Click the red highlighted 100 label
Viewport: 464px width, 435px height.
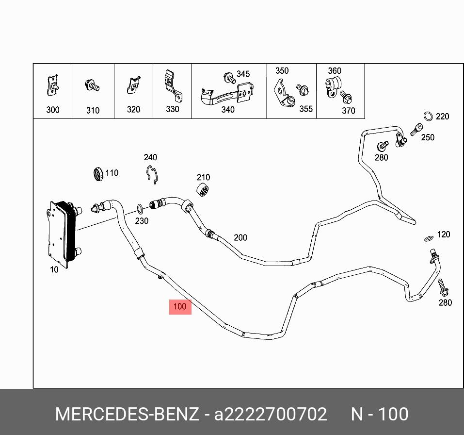pos(180,307)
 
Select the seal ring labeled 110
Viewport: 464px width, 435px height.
pos(98,173)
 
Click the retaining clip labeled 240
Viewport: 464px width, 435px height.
pos(152,173)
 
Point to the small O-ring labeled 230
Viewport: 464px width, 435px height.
pos(140,209)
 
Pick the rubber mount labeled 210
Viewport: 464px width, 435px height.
pos(203,191)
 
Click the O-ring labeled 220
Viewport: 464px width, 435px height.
pos(428,116)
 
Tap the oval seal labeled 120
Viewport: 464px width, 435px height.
pos(428,238)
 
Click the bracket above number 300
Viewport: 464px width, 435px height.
pos(53,86)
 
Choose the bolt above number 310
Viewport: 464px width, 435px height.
pos(92,86)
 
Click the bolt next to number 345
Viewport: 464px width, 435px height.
pos(229,77)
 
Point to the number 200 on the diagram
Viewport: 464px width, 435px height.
pos(240,237)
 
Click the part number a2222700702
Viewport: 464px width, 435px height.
pos(271,414)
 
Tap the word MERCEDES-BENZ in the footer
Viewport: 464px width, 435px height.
pos(127,414)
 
